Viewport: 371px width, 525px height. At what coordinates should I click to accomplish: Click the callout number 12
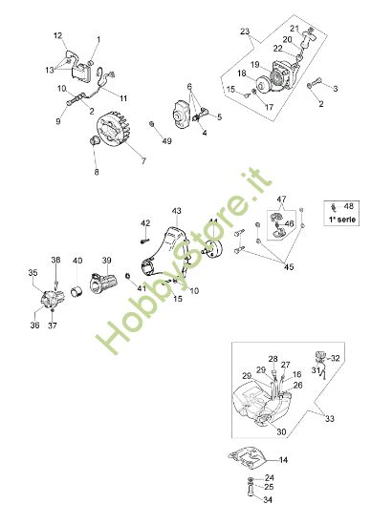tap(58, 36)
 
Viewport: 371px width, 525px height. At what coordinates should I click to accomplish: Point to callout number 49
tap(168, 141)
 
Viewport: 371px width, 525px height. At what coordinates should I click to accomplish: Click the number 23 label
tap(246, 33)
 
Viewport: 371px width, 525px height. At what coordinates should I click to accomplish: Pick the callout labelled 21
tap(295, 29)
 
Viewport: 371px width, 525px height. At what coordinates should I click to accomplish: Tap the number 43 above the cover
tap(176, 210)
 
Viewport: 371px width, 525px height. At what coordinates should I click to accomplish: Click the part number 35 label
tap(33, 272)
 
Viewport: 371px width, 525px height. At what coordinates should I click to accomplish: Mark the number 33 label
tap(331, 417)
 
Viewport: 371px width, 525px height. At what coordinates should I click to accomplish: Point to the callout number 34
tap(269, 499)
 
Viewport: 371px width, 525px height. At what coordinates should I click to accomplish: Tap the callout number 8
tap(96, 173)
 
